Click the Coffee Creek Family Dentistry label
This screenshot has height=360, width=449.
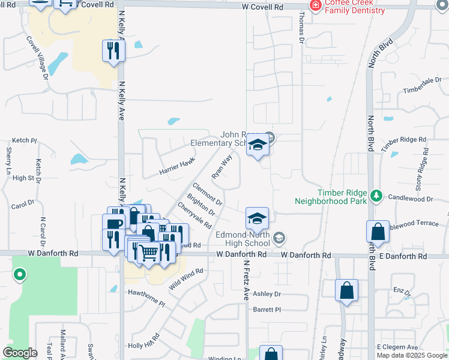[x=355, y=7]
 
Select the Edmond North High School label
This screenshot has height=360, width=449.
[x=243, y=239]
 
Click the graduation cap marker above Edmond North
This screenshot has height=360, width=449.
[x=256, y=218]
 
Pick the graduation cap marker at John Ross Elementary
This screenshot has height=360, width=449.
[x=258, y=146]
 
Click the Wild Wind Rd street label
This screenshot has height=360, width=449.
[x=186, y=280]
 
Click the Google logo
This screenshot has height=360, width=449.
[x=20, y=353]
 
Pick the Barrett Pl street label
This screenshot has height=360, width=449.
[x=267, y=310]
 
